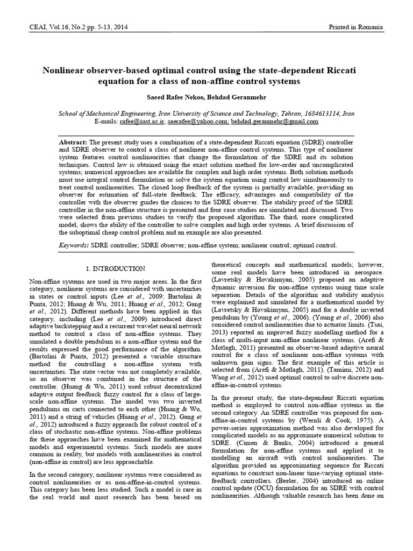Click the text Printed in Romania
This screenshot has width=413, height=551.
pos(356,27)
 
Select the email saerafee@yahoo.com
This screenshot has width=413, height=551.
pos(203,122)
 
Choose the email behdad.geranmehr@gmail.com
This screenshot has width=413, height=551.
pos(275,122)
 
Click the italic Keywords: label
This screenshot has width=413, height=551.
pos(74,245)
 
